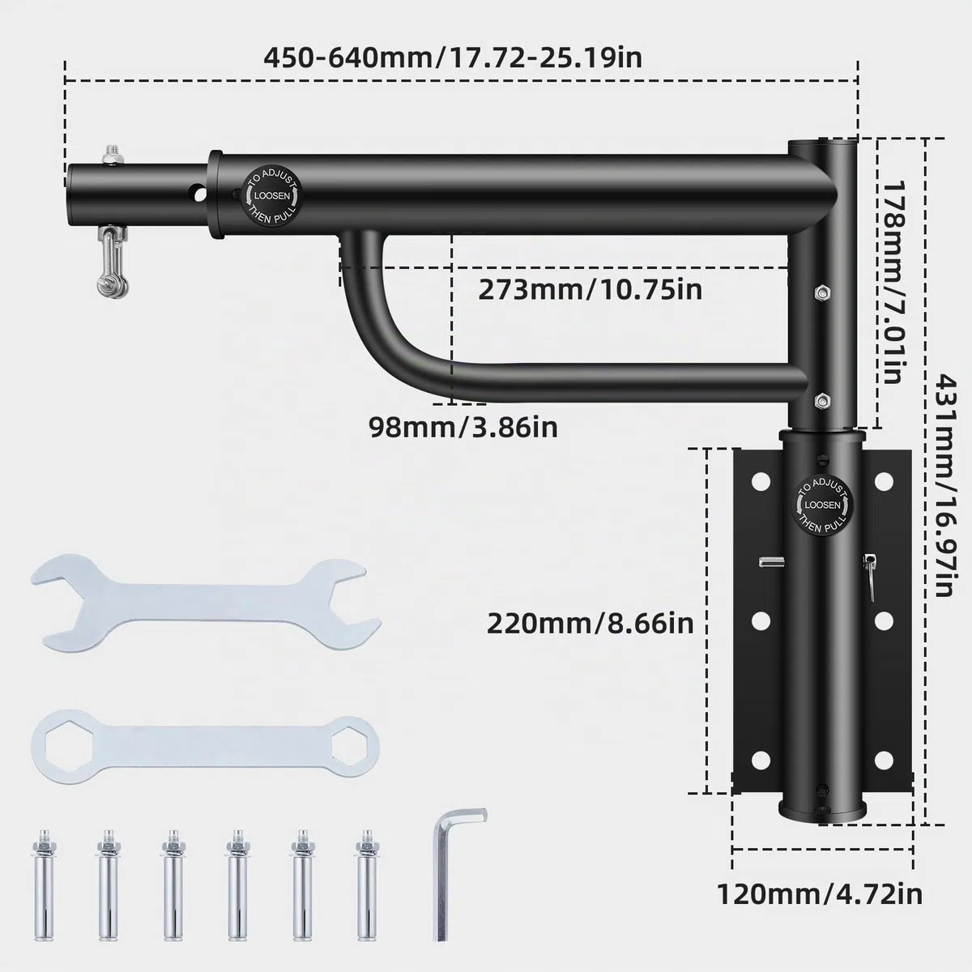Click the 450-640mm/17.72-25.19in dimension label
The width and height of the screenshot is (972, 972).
[453, 58]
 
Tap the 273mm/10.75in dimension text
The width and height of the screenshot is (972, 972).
[590, 290]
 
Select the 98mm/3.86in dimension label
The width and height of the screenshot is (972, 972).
[463, 427]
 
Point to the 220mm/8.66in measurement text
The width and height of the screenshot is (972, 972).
[590, 624]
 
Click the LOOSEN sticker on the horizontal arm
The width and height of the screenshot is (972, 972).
[272, 196]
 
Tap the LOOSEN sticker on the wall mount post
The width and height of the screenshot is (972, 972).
[823, 505]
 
